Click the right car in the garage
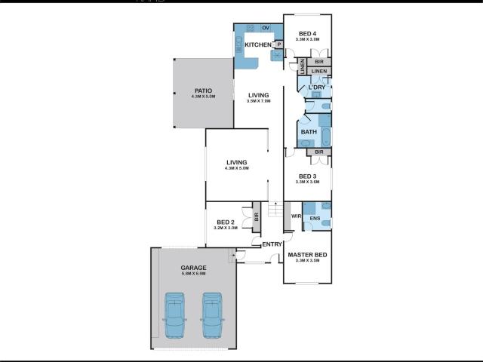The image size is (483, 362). [x=213, y=315]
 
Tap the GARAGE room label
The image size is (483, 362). [x=193, y=268]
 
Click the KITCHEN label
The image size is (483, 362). [x=257, y=45]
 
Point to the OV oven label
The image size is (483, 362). [x=266, y=28]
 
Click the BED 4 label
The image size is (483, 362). [x=307, y=33]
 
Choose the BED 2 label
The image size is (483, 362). [x=226, y=222]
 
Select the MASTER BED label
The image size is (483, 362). [x=307, y=256]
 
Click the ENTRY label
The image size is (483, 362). [x=272, y=244]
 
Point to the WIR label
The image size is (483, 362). [x=296, y=216]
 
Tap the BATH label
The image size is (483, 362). [x=308, y=132]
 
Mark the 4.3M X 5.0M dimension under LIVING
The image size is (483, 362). [x=237, y=167]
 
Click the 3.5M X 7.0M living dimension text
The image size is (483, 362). [x=259, y=100]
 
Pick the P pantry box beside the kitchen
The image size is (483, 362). [x=278, y=44]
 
